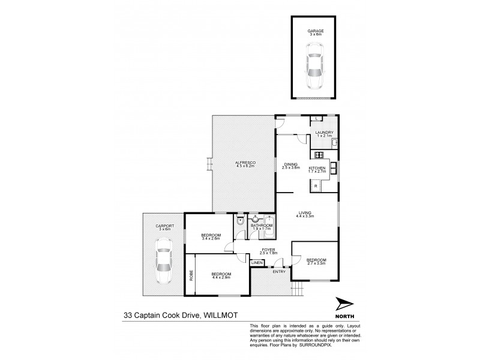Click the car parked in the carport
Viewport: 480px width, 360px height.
162,261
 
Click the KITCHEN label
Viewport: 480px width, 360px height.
317,169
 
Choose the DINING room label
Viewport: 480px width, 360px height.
290,166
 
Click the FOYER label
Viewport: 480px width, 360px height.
267,250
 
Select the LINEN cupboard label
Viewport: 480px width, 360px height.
257,263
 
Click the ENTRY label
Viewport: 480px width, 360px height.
279,272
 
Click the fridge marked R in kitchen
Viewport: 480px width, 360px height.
315,187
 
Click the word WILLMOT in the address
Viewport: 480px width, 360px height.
223,313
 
